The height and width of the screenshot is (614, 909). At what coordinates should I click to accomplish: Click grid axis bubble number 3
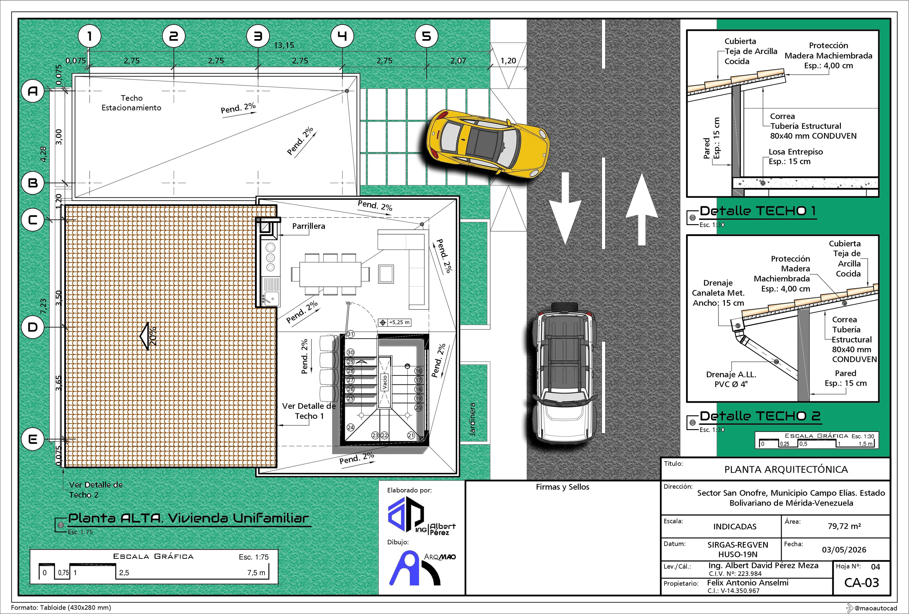[x=258, y=36]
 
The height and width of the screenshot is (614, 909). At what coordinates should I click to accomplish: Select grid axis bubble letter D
[x=33, y=327]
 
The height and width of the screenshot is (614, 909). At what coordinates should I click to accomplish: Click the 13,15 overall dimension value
[x=284, y=45]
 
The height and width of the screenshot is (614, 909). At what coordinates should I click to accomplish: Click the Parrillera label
[x=309, y=226]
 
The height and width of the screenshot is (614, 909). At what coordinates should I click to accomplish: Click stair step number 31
[x=350, y=334]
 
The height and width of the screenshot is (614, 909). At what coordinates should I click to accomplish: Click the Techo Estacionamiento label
[x=131, y=103]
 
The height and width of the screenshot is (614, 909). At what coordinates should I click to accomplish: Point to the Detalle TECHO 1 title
[x=758, y=211]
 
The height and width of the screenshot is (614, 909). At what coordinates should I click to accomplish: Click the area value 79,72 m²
[x=844, y=526]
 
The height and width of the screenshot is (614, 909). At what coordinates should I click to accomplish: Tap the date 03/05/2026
[x=844, y=549]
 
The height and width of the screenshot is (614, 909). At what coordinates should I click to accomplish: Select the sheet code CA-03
[x=862, y=582]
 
